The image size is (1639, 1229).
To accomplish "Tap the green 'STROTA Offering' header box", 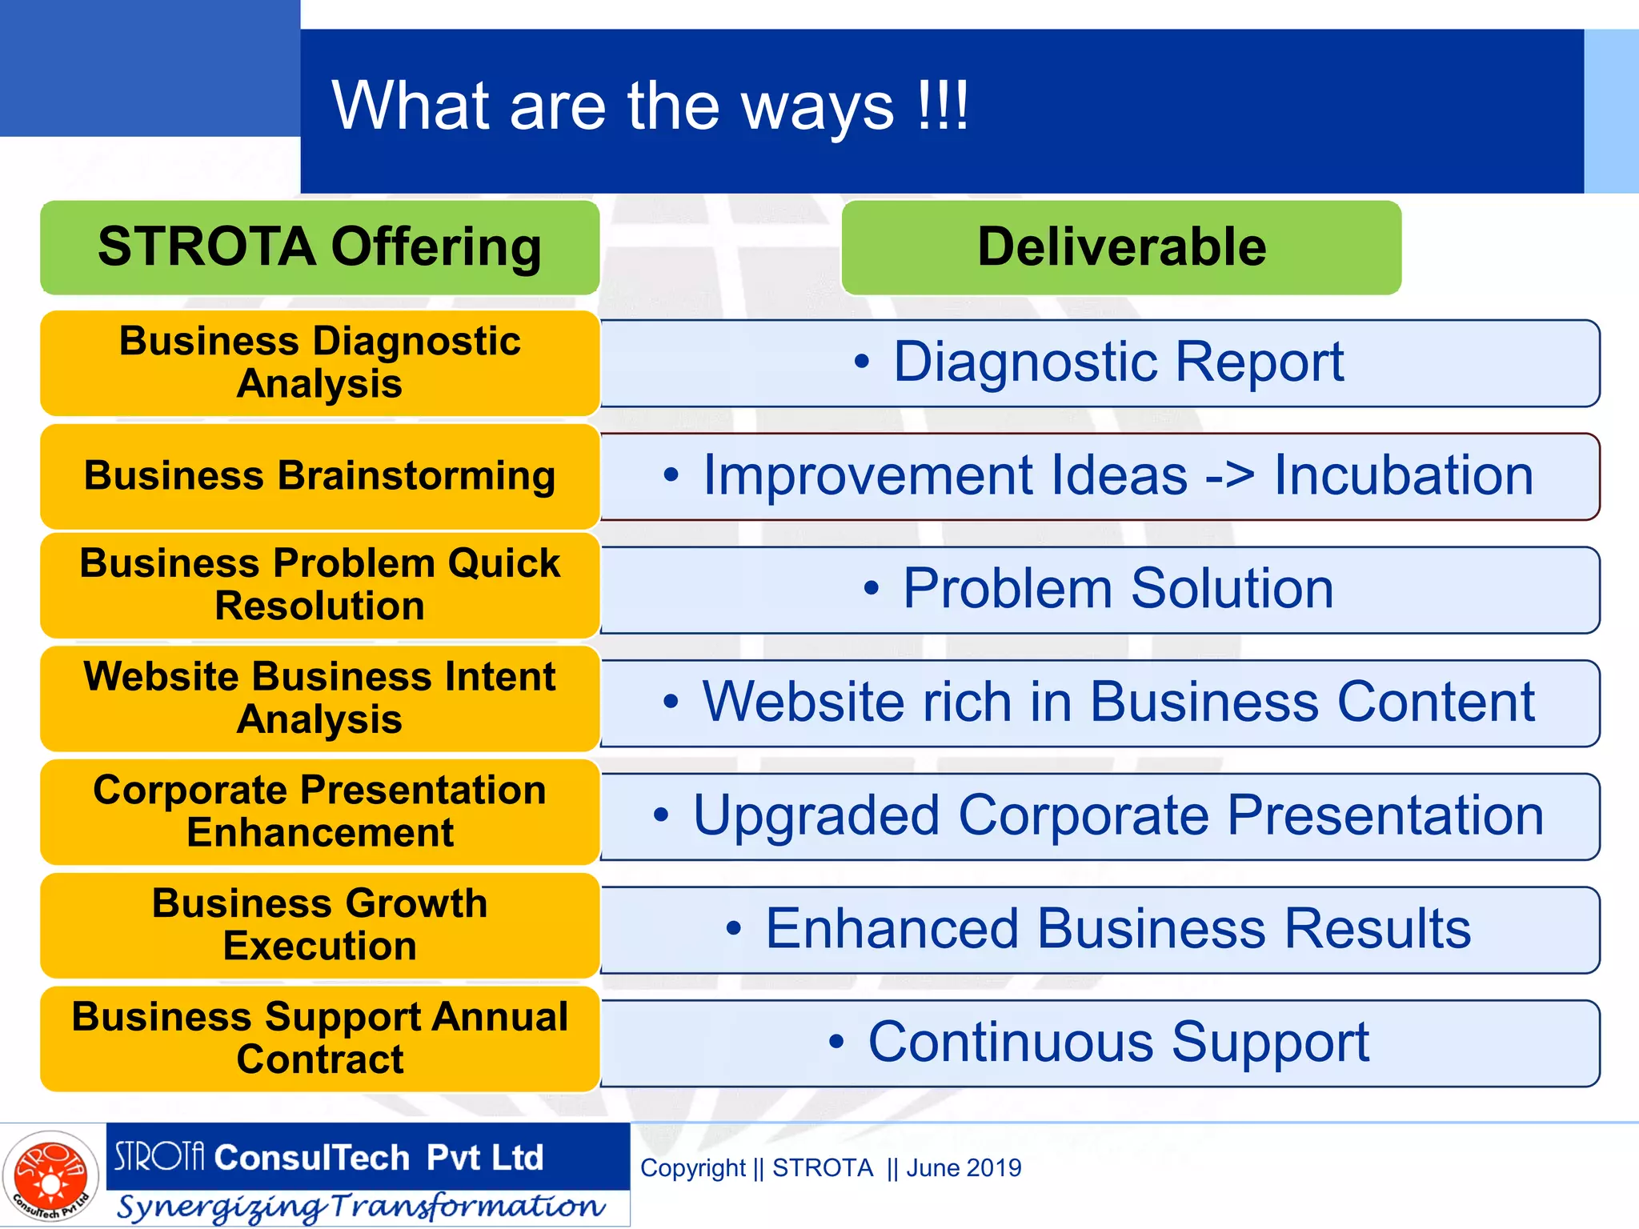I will pos(320,247).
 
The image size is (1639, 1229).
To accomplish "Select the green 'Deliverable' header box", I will pos(1121,247).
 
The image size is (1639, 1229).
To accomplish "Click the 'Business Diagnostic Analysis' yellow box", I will pos(320,362).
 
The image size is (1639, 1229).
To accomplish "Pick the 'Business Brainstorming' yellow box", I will pos(320,476).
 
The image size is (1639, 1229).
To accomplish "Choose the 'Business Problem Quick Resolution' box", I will pos(320,585).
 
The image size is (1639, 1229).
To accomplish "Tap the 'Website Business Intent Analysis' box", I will pos(320,699).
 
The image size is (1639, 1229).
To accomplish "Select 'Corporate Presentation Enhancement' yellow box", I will pos(320,811).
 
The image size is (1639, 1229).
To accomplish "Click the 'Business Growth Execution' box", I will pos(320,925).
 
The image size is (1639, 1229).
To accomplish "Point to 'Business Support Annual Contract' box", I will pos(320,1039).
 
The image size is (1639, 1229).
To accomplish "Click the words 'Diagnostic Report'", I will pos(1118,362).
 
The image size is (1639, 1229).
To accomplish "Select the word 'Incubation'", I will pos(1403,476).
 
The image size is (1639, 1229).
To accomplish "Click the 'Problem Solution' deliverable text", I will pos(1118,589).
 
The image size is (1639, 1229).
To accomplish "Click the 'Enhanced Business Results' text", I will pos(1118,929).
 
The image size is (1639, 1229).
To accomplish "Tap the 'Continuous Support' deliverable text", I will pos(1118,1043).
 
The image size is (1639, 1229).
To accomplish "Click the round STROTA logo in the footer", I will pos(51,1176).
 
